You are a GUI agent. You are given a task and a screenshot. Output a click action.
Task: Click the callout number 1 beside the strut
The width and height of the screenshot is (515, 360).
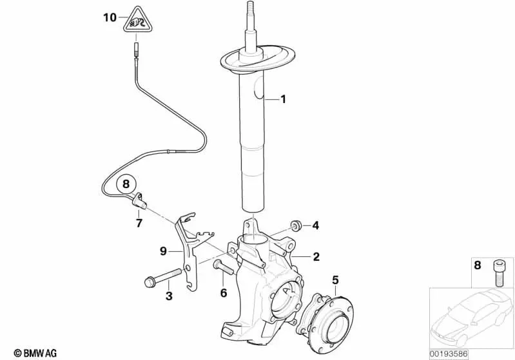283,99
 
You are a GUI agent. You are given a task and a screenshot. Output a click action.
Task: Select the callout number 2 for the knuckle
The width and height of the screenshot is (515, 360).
316,256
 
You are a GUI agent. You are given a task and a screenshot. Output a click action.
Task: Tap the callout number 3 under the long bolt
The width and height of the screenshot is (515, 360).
169,296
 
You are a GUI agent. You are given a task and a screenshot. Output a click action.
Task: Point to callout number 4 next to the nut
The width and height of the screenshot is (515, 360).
316,225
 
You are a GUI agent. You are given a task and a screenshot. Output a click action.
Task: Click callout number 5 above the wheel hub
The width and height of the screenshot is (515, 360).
335,280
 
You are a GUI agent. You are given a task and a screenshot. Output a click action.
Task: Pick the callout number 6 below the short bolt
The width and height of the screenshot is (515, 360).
224,293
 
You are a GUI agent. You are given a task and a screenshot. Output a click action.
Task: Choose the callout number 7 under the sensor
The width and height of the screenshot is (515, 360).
139,223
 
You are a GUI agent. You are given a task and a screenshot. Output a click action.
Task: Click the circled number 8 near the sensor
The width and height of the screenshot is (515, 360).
126,184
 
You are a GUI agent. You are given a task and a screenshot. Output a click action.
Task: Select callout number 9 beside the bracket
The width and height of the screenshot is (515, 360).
164,252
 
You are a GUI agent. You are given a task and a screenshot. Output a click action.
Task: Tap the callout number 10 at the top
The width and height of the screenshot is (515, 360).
110,17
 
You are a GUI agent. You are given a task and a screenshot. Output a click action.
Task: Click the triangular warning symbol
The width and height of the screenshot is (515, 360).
137,21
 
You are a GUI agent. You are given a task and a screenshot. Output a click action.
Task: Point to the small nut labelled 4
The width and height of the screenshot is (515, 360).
296,226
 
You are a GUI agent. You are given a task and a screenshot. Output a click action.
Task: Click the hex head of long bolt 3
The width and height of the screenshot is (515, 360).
148,282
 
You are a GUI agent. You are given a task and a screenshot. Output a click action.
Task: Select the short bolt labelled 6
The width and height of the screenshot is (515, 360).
224,267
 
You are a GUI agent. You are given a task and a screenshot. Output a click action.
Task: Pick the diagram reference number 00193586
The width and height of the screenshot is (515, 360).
449,354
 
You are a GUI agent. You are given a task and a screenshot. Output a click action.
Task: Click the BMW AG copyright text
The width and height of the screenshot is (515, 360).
35,353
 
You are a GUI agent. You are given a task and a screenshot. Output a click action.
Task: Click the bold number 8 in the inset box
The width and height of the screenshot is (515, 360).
478,265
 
